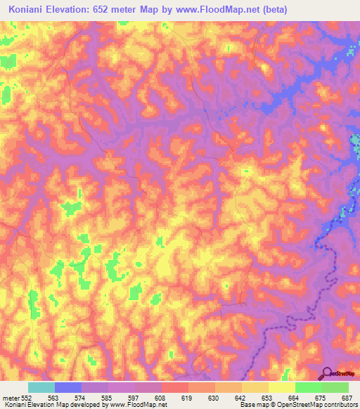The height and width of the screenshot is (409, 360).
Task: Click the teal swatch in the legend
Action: [41, 387]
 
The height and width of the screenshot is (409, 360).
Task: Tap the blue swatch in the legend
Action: [68, 387]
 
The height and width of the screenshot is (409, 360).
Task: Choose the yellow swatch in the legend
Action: [281, 387]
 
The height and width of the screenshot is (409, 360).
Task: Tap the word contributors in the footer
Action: [339, 405]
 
